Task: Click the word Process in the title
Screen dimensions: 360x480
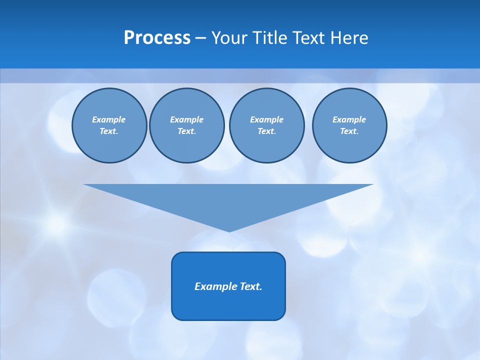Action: pyautogui.click(x=157, y=38)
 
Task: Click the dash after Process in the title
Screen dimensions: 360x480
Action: pyautogui.click(x=200, y=38)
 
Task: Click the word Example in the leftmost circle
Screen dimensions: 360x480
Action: pyautogui.click(x=109, y=119)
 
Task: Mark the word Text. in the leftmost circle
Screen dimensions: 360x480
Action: pyautogui.click(x=109, y=131)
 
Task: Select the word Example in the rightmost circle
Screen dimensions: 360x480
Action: pyautogui.click(x=349, y=119)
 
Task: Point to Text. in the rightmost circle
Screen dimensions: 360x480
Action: pyautogui.click(x=349, y=131)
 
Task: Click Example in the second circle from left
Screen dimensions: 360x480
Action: pyautogui.click(x=186, y=119)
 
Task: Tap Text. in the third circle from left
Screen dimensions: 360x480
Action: pyautogui.click(x=266, y=131)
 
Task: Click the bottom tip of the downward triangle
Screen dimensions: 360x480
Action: pyautogui.click(x=229, y=230)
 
